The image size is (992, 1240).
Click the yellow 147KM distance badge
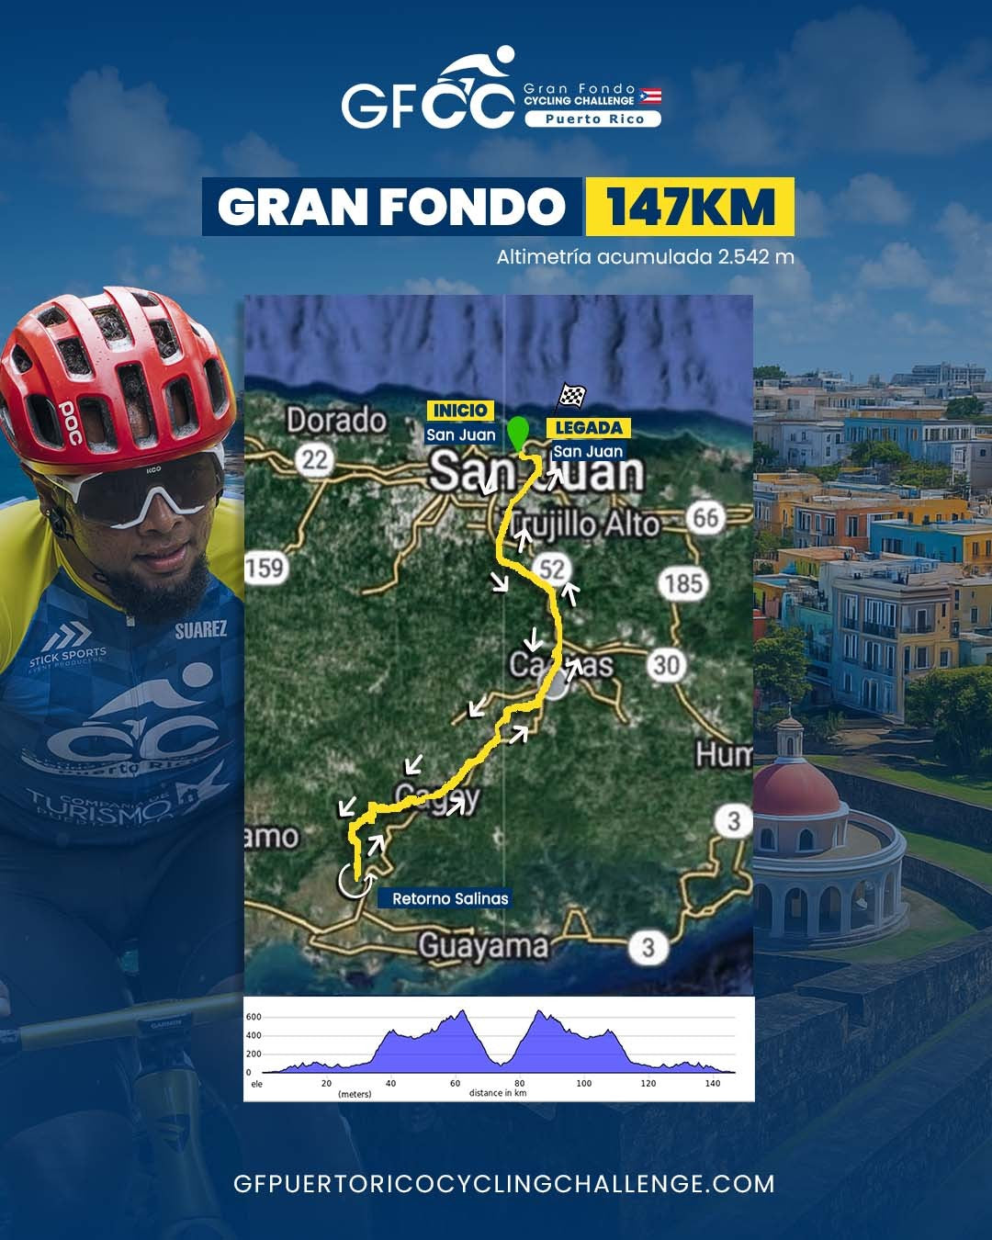689,207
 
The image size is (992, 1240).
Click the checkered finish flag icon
573,396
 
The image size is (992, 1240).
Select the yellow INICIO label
459,411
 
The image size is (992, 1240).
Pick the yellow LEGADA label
589,428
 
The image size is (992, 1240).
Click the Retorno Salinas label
450,898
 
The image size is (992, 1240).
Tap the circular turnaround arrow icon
353,880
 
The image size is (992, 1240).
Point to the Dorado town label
336,421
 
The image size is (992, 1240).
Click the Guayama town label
483,946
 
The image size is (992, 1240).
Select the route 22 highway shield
315,459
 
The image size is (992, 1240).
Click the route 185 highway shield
683,583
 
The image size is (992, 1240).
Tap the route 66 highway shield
705,518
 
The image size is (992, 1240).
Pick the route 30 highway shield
667,664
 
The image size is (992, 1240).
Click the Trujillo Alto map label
585,524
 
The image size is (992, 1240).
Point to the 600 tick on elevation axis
254,1017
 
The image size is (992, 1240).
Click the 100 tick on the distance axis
584,1084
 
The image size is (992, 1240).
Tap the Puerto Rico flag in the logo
650,96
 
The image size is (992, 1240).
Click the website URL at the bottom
504,1184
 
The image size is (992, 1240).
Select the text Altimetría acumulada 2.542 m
645,257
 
